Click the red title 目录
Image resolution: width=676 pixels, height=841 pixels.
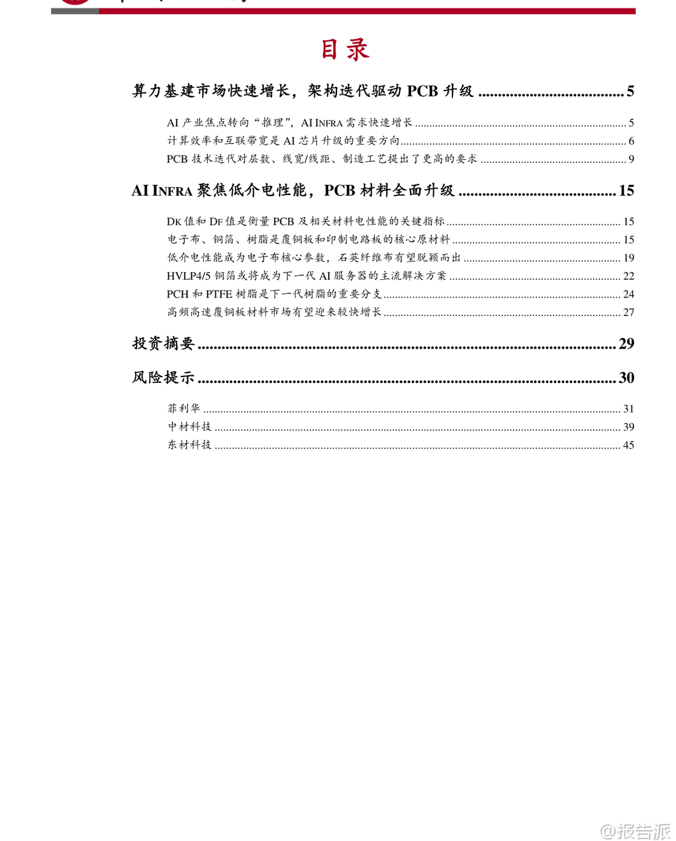click(345, 50)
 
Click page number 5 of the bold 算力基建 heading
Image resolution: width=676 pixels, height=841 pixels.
click(630, 91)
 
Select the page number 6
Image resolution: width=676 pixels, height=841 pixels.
click(631, 141)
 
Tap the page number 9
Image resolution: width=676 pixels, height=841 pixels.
click(631, 159)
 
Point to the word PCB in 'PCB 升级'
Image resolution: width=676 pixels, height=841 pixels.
click(422, 91)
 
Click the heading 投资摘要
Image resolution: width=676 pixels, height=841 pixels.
click(163, 343)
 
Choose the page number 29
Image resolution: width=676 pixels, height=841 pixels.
click(626, 343)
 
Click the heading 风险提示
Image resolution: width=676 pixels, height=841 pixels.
click(163, 377)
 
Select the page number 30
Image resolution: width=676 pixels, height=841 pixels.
click(626, 377)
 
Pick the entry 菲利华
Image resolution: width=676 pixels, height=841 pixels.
click(184, 408)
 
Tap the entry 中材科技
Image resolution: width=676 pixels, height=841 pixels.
click(190, 426)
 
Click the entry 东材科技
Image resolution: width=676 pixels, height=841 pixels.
click(190, 445)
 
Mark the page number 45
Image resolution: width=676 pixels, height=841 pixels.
click(629, 445)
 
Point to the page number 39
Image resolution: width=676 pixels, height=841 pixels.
click(629, 426)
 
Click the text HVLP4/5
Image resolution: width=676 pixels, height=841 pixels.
click(189, 276)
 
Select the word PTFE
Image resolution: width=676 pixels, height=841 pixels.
click(219, 294)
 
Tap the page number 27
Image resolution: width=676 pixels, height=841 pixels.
click(629, 312)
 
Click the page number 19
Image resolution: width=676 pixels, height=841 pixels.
click(629, 257)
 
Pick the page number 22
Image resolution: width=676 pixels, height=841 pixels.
click(629, 276)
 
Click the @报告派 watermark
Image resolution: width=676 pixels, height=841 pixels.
click(635, 831)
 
